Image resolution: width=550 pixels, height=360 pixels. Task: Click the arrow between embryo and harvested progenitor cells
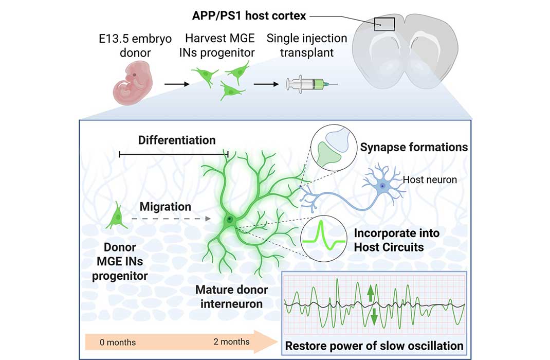[x=175, y=82]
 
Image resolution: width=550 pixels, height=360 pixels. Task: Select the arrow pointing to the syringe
[x=267, y=82]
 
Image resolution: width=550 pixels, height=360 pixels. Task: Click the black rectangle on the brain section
[x=384, y=24]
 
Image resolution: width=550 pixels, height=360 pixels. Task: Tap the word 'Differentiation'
[x=176, y=140]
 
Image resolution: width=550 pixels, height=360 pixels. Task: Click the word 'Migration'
[x=166, y=207]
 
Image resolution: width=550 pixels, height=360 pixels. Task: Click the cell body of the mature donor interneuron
[x=229, y=220]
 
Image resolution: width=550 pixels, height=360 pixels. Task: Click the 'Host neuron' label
[x=430, y=179]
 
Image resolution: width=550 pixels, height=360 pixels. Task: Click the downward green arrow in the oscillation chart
[x=374, y=316]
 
